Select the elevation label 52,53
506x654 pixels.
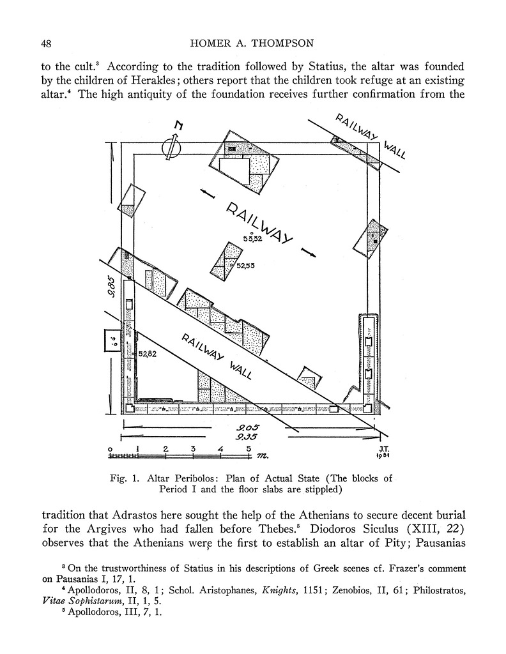[246, 266]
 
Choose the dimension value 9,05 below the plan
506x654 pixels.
[246, 427]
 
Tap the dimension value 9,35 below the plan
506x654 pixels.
[247, 437]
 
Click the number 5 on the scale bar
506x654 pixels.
[249, 448]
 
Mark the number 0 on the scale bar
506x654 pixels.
[111, 448]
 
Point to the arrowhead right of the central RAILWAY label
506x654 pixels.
[309, 251]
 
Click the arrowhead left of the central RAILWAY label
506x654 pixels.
[204, 192]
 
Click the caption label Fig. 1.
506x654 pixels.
[125, 478]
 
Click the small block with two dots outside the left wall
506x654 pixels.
[111, 340]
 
